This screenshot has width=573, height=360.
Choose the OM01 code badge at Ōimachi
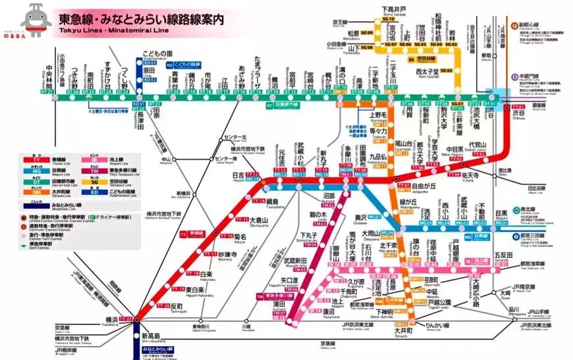402,324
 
